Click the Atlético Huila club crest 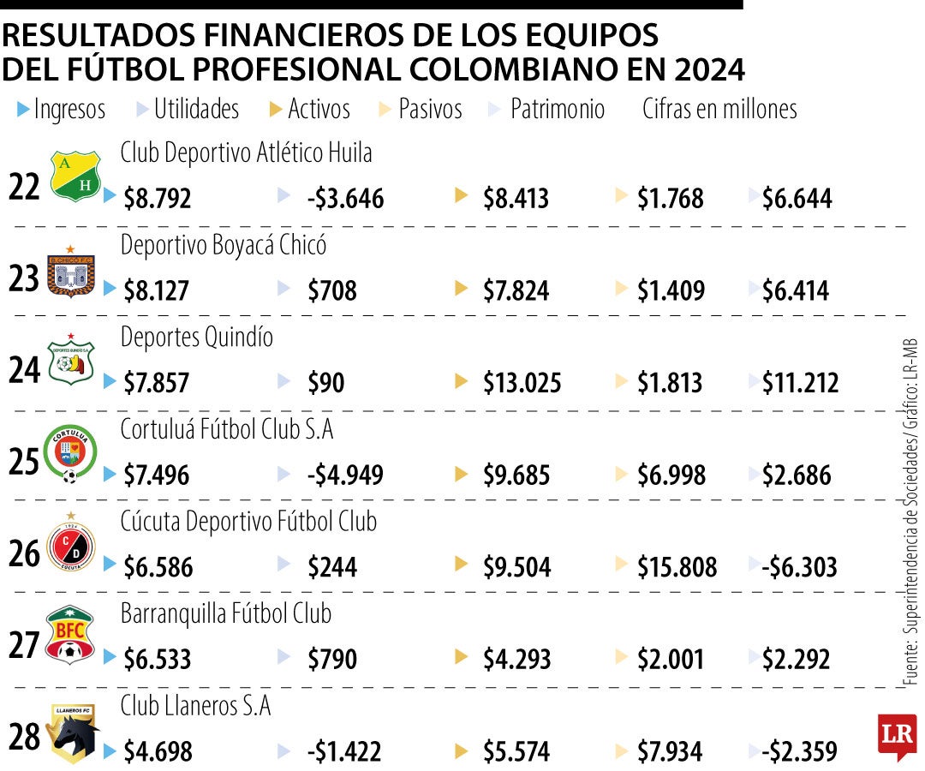coord(75,176)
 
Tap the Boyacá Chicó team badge coord(70,272)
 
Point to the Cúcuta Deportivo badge coord(71,545)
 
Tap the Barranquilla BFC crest coord(70,637)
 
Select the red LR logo coord(897,734)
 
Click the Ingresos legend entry coord(62,109)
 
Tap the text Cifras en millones coord(719,109)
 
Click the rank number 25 coord(25,463)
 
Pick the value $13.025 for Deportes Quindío coord(522,383)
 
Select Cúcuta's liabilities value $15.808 coord(677,567)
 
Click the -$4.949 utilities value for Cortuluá coord(344,475)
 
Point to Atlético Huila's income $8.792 coord(158,199)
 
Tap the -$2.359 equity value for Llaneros coord(798,752)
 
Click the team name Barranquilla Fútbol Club coord(226,614)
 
